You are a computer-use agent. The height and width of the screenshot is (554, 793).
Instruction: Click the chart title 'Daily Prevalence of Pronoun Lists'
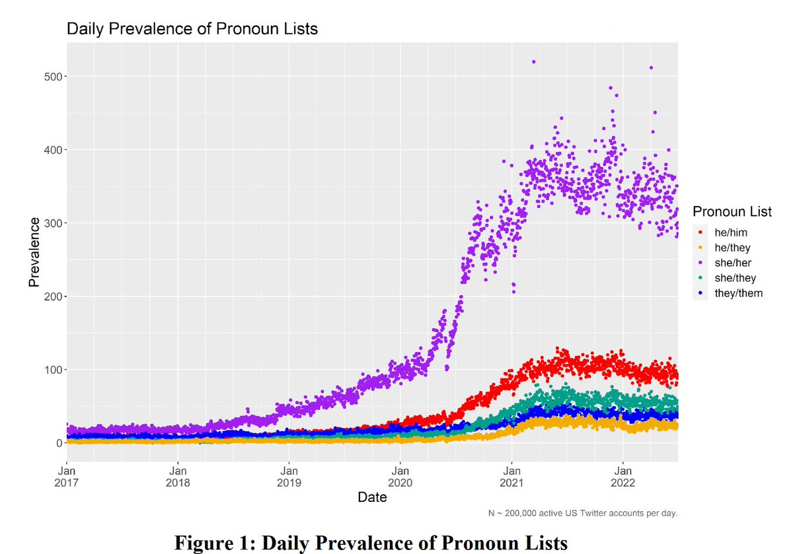pos(192,29)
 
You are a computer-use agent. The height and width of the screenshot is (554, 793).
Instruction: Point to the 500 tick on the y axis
pos(52,77)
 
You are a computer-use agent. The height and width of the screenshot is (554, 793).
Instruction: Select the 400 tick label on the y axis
pos(52,150)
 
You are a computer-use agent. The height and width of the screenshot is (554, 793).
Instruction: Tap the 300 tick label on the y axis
pos(52,223)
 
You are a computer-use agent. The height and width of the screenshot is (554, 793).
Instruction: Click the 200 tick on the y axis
pos(52,296)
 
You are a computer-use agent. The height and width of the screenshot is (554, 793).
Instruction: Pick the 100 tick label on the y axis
pos(52,370)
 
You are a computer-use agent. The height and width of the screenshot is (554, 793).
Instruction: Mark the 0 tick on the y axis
pos(57,443)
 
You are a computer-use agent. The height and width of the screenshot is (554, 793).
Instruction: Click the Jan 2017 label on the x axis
pos(67,477)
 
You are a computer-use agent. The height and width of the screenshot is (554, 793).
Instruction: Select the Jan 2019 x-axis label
pos(289,477)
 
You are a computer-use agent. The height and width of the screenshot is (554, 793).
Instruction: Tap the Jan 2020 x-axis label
pos(400,477)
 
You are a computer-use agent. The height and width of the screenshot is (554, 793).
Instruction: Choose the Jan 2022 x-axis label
pos(623,477)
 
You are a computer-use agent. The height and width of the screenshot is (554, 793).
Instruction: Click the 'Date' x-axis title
pos(372,498)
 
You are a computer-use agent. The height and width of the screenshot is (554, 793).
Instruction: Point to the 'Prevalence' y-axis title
pos(33,252)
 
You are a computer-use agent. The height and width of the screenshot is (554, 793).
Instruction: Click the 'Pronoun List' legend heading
pos(732,212)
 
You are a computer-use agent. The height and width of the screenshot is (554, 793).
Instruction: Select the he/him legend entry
pos(730,232)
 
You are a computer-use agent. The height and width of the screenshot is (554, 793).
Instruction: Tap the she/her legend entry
pos(733,263)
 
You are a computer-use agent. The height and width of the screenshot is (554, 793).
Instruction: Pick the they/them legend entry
pos(738,293)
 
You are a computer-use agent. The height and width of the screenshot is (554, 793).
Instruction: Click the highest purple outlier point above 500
pos(533,62)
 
